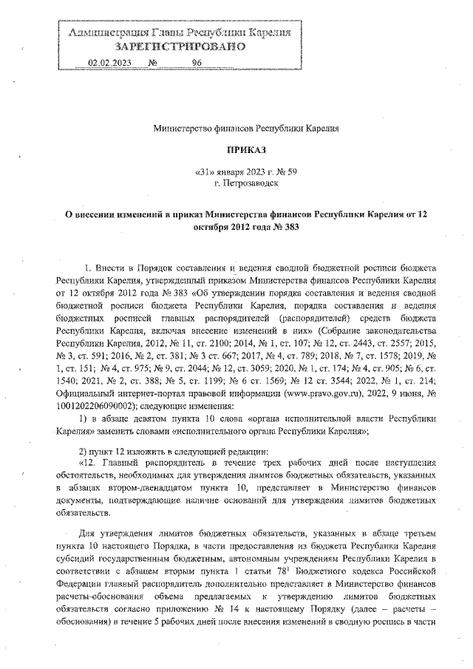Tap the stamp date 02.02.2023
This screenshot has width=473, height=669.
pos(109,64)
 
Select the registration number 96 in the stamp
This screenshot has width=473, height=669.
pos(197,64)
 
